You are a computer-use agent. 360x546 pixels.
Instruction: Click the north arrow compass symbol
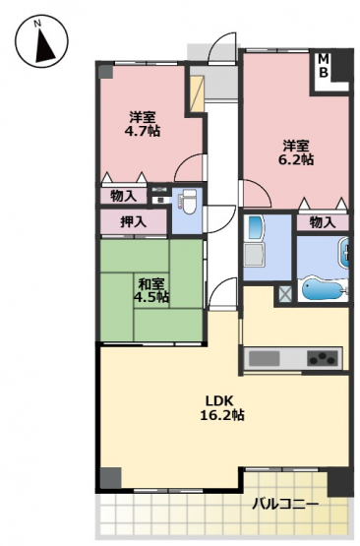click(41, 40)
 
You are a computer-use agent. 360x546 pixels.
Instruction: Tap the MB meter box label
click(324, 66)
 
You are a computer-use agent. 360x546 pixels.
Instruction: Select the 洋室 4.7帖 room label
click(143, 123)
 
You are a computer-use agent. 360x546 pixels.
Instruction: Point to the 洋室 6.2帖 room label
click(296, 152)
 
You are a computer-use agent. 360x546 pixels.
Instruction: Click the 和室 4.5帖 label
click(151, 290)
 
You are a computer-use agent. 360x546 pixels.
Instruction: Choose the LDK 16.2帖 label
click(221, 407)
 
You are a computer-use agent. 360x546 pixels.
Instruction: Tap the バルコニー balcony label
click(285, 504)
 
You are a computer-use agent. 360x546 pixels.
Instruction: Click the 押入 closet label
click(134, 221)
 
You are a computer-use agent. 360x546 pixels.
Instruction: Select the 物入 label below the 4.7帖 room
click(123, 196)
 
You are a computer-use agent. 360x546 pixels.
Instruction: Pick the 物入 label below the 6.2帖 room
click(323, 222)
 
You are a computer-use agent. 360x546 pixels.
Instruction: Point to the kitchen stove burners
click(322, 358)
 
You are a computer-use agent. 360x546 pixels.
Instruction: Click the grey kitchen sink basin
click(265, 359)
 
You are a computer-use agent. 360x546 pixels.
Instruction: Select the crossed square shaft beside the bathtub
click(285, 294)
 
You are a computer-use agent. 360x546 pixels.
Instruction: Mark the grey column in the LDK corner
click(111, 478)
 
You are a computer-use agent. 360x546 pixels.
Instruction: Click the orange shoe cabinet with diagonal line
click(197, 94)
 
